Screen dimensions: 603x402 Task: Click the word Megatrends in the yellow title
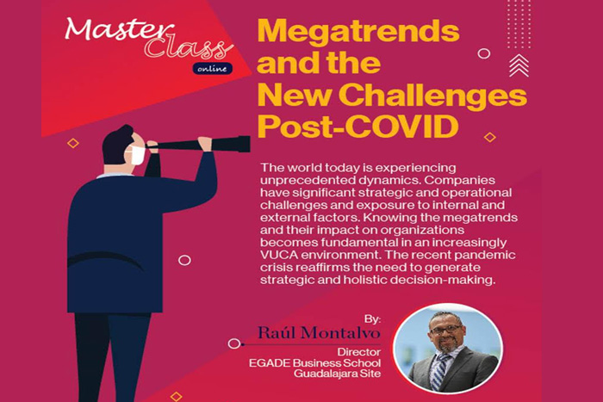(358, 33)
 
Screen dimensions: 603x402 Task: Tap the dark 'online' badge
(212, 68)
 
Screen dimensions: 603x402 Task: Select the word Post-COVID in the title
(358, 127)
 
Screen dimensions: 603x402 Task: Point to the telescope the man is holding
(201, 145)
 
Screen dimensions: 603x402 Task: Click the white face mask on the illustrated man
(137, 155)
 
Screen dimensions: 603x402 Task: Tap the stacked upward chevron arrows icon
(519, 65)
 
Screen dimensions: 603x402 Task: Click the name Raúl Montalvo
(319, 333)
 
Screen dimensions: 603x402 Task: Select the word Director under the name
(359, 352)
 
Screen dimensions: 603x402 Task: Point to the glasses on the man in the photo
(446, 330)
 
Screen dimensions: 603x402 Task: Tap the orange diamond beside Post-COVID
(489, 137)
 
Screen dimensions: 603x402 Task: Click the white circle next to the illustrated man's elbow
(184, 261)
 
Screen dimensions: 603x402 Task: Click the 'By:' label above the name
(372, 319)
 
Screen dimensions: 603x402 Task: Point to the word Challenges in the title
(432, 96)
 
